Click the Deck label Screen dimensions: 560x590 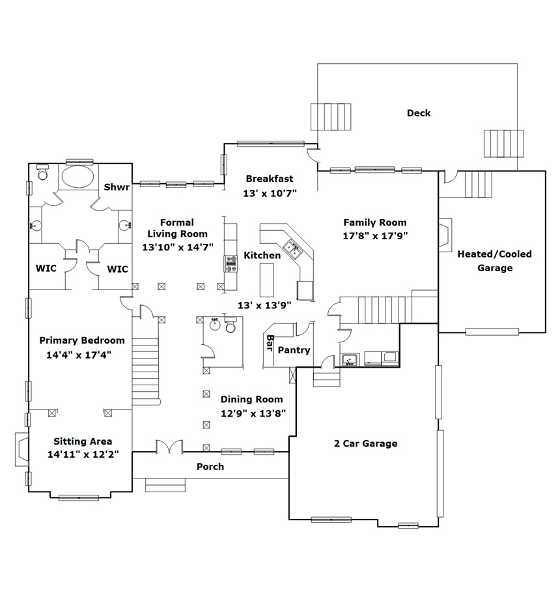pyautogui.click(x=419, y=113)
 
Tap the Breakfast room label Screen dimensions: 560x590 pyautogui.click(x=270, y=179)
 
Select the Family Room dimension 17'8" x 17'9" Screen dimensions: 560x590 pyautogui.click(x=375, y=236)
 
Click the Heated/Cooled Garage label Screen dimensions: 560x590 pyautogui.click(x=495, y=261)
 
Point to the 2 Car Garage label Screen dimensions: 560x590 pyautogui.click(x=366, y=443)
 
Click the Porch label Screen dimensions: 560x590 pyautogui.click(x=210, y=467)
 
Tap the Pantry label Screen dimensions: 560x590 pyautogui.click(x=294, y=350)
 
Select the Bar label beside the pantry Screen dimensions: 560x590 pyautogui.click(x=270, y=343)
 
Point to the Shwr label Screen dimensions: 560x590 pyautogui.click(x=117, y=187)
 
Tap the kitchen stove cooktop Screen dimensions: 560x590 pyautogui.click(x=231, y=263)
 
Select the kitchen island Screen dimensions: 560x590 pyautogui.click(x=266, y=280)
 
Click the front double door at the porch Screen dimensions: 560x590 pyautogui.click(x=169, y=447)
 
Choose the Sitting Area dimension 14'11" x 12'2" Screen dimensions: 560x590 pyautogui.click(x=83, y=454)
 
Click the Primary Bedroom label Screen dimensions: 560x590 pyautogui.click(x=82, y=340)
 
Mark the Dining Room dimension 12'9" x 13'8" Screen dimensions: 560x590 pyautogui.click(x=253, y=413)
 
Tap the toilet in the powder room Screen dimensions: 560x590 pyautogui.click(x=231, y=325)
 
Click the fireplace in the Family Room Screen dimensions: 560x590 pyautogui.click(x=445, y=235)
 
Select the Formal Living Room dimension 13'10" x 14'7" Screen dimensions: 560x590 pyautogui.click(x=177, y=247)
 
